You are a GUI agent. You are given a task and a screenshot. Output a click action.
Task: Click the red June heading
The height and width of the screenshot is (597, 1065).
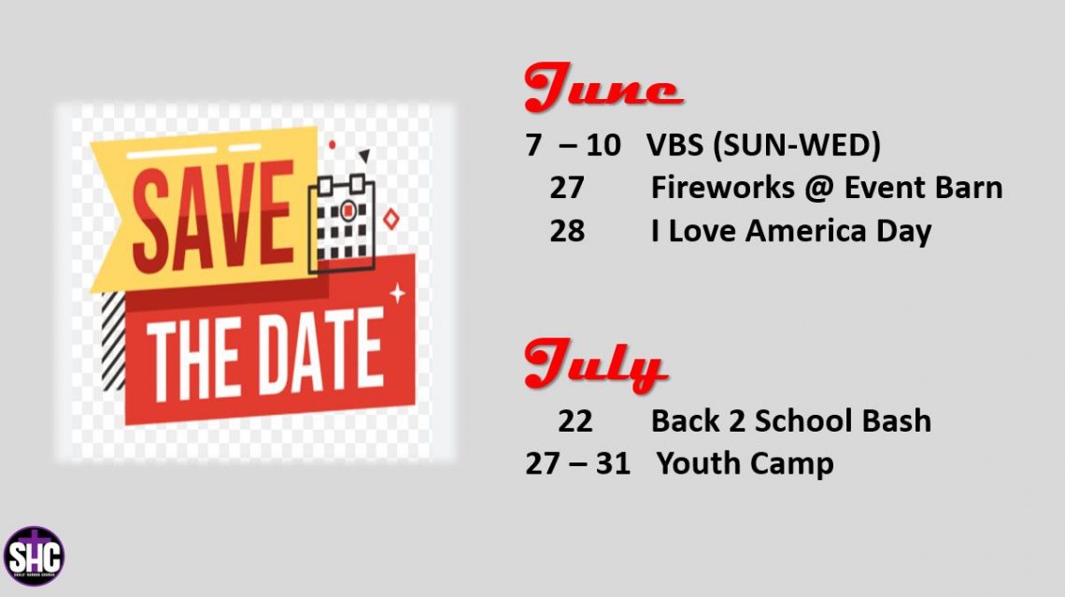tap(603, 87)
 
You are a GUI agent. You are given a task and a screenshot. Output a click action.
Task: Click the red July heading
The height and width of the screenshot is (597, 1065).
tap(595, 364)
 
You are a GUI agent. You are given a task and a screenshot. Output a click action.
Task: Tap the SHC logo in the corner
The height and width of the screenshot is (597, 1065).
tap(34, 556)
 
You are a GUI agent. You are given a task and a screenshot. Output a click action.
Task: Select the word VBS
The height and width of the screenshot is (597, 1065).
tap(674, 145)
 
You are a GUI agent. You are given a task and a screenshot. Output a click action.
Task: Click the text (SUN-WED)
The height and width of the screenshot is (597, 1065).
tap(797, 146)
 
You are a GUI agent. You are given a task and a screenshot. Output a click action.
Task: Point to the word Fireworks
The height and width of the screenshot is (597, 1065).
tap(723, 188)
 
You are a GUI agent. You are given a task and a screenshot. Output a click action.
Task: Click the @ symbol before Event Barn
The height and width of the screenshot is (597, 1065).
tap(819, 189)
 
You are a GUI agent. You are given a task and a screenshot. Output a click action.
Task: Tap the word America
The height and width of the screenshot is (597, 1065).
tap(806, 231)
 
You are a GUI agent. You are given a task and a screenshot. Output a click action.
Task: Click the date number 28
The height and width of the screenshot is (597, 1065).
tap(567, 231)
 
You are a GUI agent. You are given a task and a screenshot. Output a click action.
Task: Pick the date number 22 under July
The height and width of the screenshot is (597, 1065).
tap(575, 421)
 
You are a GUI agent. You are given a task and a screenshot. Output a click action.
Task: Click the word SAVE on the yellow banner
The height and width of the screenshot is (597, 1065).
tap(213, 216)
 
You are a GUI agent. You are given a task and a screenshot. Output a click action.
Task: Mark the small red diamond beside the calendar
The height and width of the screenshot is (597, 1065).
tap(391, 220)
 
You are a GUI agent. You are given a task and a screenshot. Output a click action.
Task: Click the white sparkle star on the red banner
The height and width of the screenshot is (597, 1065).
tap(397, 293)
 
